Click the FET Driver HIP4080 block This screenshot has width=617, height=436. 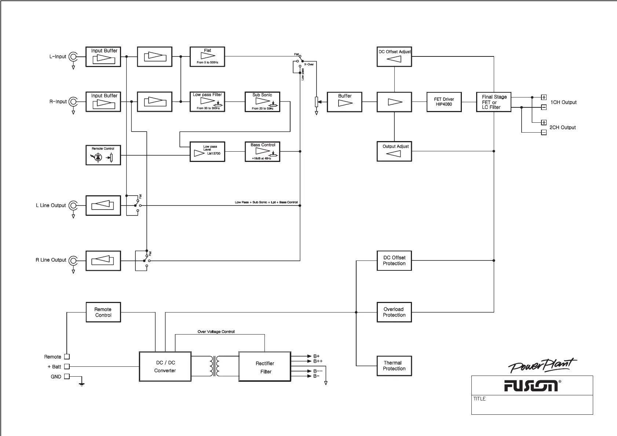tap(444, 102)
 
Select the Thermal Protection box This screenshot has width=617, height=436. tap(394, 366)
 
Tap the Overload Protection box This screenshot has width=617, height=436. tap(394, 312)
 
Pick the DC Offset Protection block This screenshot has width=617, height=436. tap(394, 261)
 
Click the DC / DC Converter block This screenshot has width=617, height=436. tap(165, 367)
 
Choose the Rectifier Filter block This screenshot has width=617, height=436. tap(265, 367)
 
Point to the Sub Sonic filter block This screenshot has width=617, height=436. tap(262, 101)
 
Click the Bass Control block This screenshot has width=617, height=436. tap(262, 151)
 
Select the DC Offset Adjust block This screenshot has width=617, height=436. tap(394, 57)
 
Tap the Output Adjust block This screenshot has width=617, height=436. tap(394, 151)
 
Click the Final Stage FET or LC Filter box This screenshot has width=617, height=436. tap(493, 102)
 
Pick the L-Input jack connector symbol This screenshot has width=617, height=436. tap(73, 57)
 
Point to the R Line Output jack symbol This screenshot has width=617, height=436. tap(73, 261)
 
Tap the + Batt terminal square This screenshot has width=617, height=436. tap(67, 366)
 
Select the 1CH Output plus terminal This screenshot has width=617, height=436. tap(544, 97)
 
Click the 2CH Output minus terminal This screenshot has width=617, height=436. tap(544, 132)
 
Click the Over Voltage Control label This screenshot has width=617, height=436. tap(216, 332)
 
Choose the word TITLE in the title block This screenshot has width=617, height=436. tap(479, 399)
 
